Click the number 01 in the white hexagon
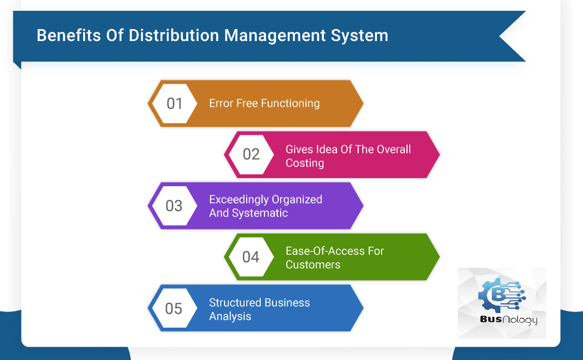point(174,103)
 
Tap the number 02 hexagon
point(251,154)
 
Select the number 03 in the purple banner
point(174,206)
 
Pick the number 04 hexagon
point(250,257)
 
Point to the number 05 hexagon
point(174,308)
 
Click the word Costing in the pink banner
point(305,162)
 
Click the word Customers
point(313,264)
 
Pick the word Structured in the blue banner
point(235,302)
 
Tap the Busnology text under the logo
point(509,320)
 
